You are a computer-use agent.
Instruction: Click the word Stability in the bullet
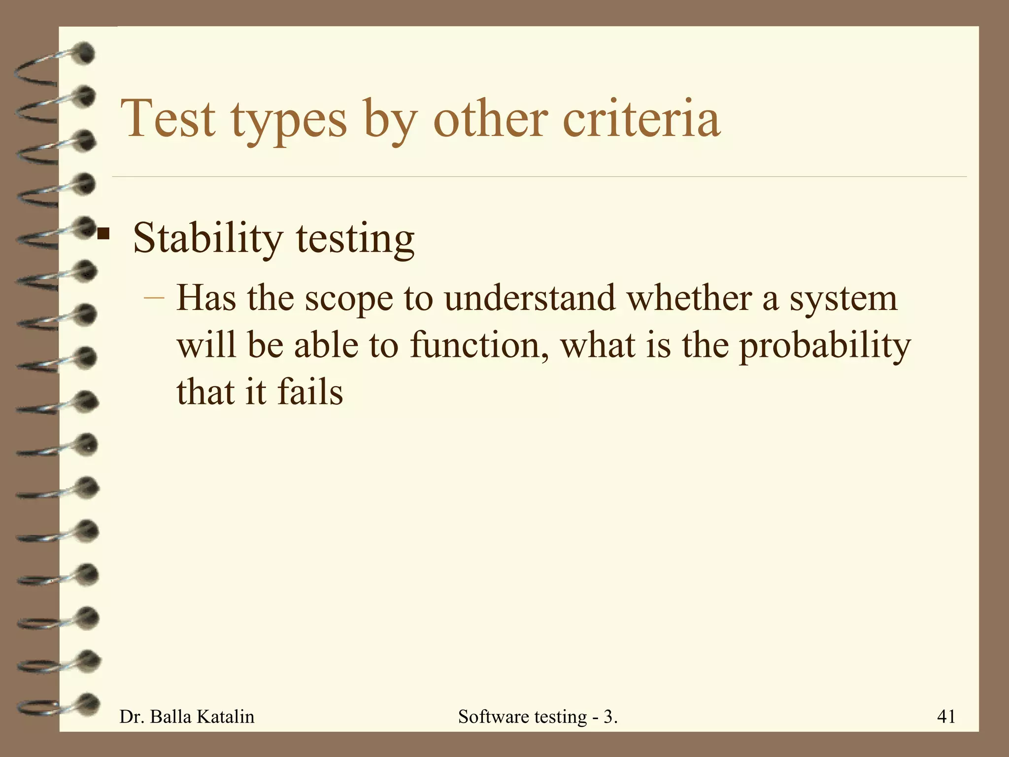[207, 239]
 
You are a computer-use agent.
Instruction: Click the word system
[843, 299]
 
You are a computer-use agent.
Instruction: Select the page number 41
[946, 716]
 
